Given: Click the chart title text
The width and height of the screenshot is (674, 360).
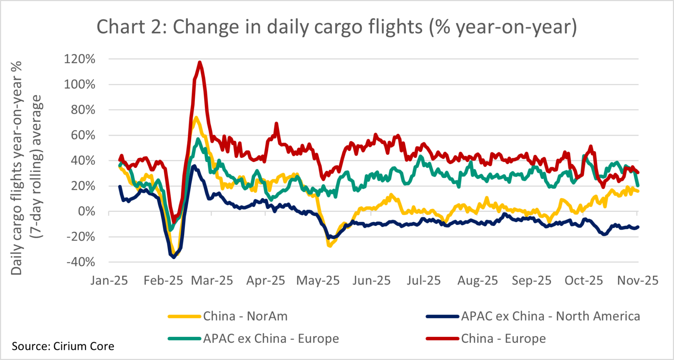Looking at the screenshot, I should coord(337,27).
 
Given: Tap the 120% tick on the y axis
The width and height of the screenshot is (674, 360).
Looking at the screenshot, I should coord(80,59).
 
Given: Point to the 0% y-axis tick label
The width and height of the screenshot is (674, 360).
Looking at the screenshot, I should coord(87,211).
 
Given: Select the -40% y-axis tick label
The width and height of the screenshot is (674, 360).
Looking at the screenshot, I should coord(80,262).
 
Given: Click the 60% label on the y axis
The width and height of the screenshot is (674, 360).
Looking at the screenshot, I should coord(83,135).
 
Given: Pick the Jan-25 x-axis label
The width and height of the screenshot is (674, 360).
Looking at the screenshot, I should coord(109,280).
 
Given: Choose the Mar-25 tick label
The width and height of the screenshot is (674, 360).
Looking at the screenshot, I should coord(212,280).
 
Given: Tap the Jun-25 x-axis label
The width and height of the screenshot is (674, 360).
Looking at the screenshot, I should coord(371,280).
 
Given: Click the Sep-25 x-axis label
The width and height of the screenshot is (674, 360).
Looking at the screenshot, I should coord(531,280).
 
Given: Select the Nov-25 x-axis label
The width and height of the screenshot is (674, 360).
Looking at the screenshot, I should coord(638,280).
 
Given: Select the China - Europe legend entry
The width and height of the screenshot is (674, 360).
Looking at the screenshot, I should coord(503,338).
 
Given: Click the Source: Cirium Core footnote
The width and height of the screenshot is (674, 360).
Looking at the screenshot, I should coord(63,346).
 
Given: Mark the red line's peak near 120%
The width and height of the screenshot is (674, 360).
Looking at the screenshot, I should coord(200,62).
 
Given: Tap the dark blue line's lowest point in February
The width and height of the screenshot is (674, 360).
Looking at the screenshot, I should coord(174,257).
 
